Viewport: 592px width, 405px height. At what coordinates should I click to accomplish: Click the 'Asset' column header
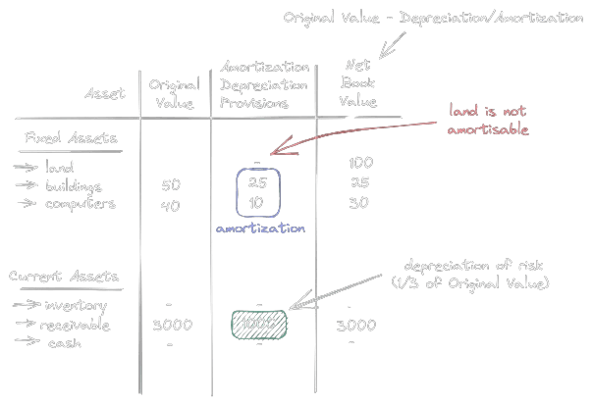tap(105, 94)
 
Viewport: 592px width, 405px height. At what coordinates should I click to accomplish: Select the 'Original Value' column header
tap(175, 94)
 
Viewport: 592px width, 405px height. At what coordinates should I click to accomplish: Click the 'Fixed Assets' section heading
tap(70, 138)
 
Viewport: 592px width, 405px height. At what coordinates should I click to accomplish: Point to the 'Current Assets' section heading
tap(64, 278)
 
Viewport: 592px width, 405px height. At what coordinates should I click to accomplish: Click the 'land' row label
tap(60, 168)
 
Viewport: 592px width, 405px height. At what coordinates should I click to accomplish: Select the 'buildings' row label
tap(74, 186)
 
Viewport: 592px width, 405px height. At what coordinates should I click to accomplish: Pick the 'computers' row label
tap(81, 204)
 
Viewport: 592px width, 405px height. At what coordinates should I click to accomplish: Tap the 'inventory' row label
tap(77, 307)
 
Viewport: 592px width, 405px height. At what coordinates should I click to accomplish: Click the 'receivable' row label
tap(81, 326)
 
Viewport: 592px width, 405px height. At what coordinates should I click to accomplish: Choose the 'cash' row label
tap(64, 343)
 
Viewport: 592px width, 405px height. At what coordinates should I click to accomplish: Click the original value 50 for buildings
tap(170, 185)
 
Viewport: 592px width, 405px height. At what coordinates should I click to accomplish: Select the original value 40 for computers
tap(170, 204)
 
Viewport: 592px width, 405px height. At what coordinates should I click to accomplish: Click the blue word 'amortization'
tap(260, 228)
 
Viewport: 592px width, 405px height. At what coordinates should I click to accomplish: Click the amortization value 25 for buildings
tap(257, 183)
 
